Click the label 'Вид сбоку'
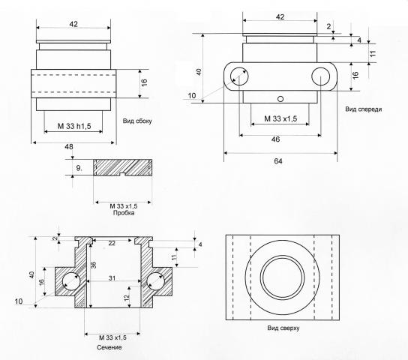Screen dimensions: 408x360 click(137, 121)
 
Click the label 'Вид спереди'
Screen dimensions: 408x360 click(364, 109)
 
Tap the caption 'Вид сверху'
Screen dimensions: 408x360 click(283, 328)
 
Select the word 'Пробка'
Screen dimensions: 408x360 click(124, 213)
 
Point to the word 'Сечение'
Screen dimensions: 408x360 click(109, 347)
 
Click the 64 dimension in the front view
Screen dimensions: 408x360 click(278, 161)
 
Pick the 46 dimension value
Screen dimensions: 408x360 click(275, 139)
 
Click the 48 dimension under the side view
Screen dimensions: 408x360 click(69, 147)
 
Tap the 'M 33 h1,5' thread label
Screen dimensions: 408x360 click(74, 126)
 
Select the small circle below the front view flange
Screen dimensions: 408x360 click(280, 99)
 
